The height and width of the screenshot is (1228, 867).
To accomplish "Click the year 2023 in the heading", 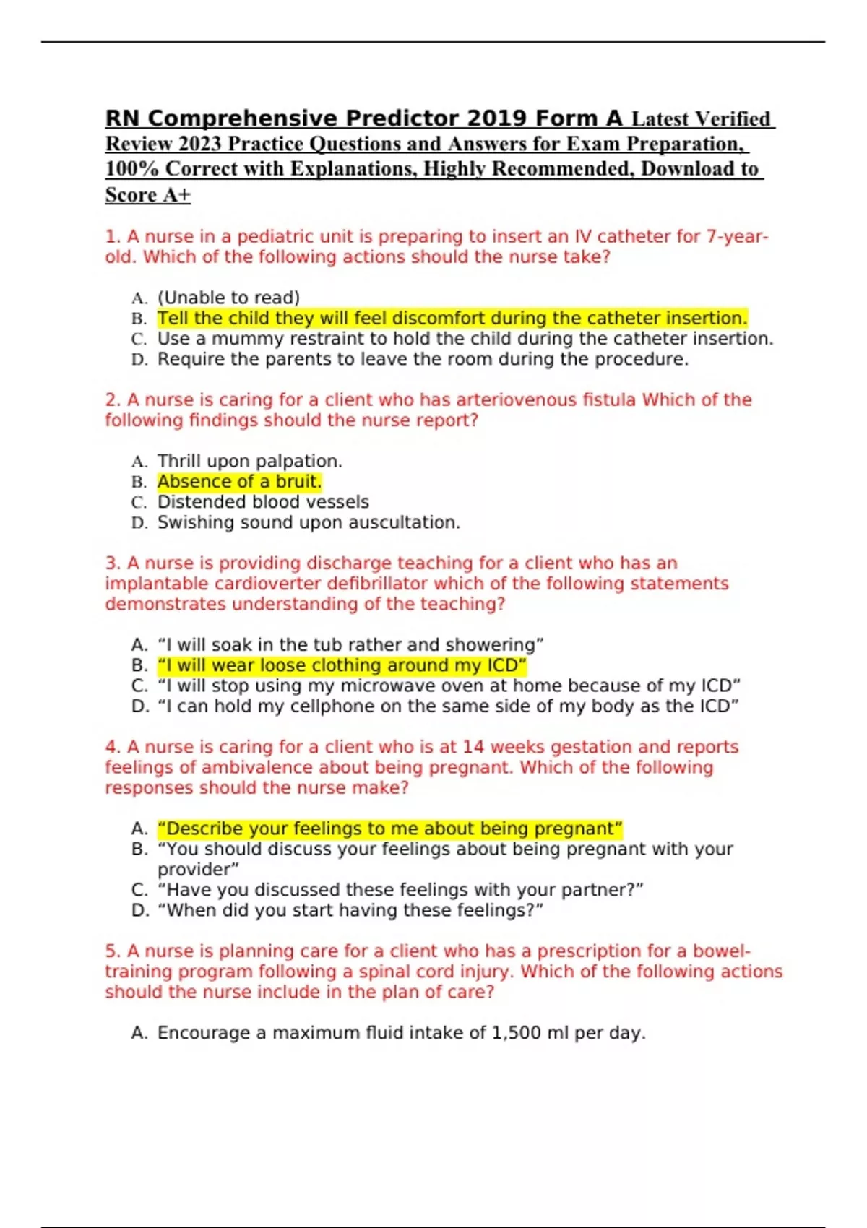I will tap(200, 144).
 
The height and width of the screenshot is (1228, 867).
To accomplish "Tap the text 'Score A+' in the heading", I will tap(147, 195).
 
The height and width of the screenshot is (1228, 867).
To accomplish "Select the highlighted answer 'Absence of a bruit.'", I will tap(239, 482).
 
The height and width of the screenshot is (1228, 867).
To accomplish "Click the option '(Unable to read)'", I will tap(228, 298).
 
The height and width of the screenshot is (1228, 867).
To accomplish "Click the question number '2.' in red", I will tap(113, 400).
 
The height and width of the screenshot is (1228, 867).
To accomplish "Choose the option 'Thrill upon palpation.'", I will tap(249, 462).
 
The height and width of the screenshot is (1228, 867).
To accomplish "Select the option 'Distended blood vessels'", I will tap(263, 502).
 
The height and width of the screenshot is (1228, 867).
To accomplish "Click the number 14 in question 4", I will tap(473, 747).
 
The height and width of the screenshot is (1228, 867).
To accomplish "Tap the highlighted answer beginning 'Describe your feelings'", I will tap(389, 829).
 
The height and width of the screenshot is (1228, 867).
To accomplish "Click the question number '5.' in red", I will tap(113, 951).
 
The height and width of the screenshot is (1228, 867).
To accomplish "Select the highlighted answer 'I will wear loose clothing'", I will tap(342, 665).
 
